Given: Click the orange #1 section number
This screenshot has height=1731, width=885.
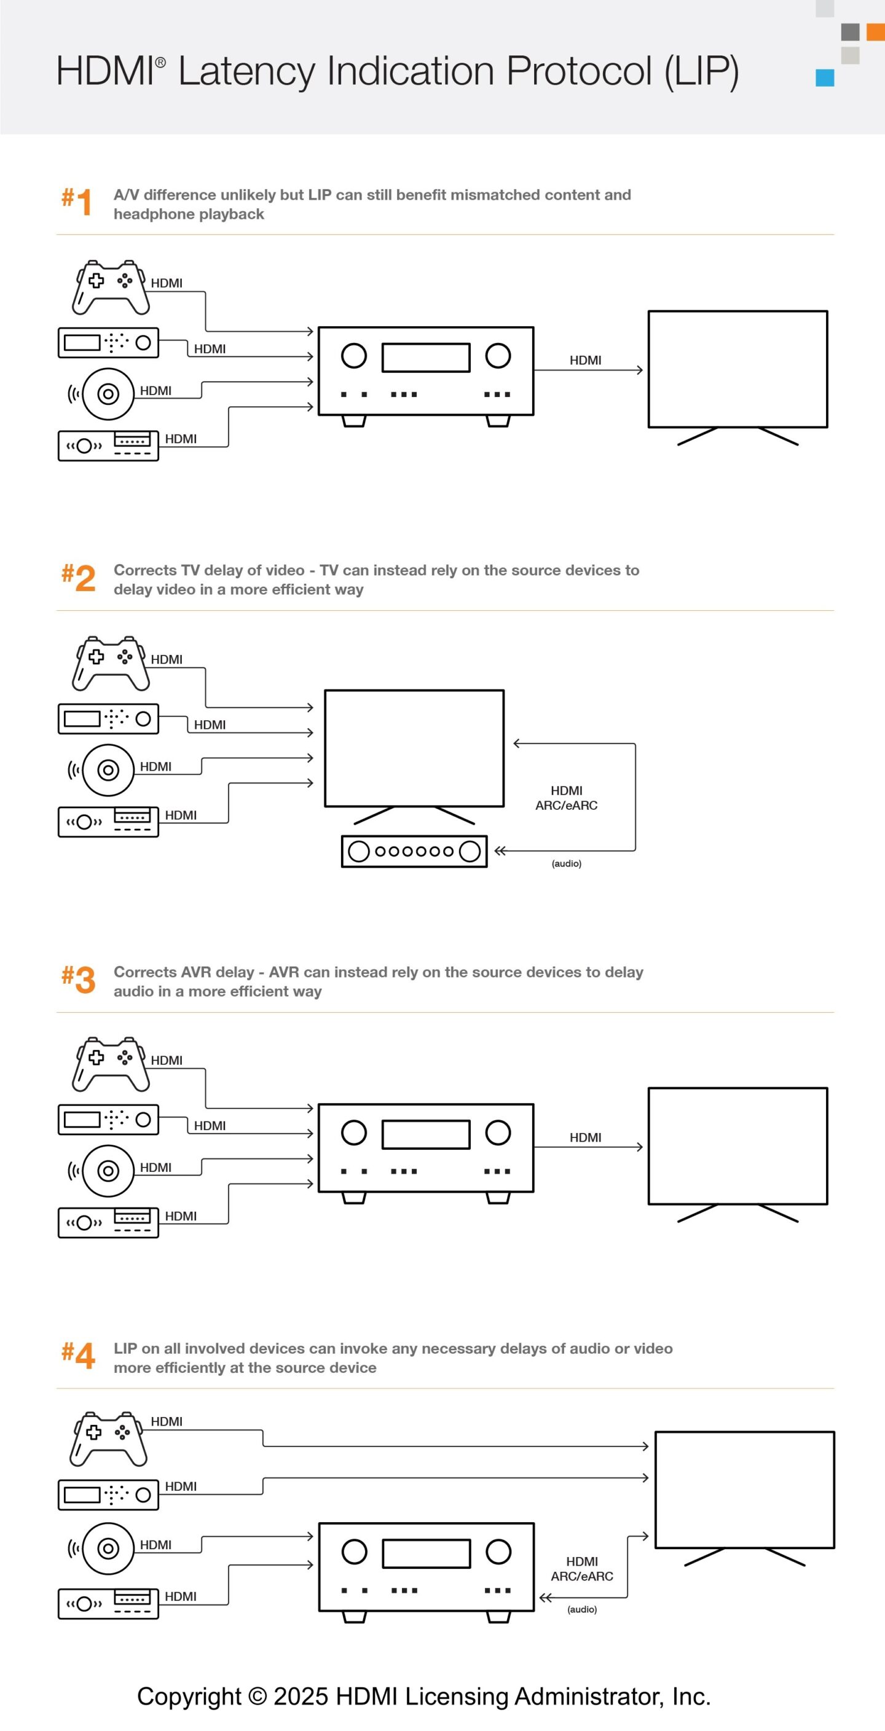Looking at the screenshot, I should [x=77, y=202].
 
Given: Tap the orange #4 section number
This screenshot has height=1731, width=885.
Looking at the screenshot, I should [x=78, y=1356].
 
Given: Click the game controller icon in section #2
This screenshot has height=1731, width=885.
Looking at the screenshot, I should [x=110, y=663].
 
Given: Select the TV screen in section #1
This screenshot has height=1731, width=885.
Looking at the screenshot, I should [x=737, y=369].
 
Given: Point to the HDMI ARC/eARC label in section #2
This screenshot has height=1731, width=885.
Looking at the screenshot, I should [x=566, y=798].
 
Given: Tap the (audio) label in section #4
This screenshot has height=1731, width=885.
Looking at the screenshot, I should [x=581, y=1609].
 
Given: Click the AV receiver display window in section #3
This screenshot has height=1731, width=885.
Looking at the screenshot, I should [x=425, y=1134].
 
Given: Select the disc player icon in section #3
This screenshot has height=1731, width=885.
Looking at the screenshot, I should [x=108, y=1171].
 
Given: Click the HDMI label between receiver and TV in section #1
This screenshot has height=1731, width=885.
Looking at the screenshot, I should [x=584, y=360].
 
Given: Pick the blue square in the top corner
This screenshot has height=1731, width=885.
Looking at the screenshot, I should [x=825, y=78].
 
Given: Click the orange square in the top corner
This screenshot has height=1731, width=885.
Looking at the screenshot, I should [x=875, y=31].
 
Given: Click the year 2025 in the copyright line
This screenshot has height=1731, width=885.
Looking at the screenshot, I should [x=301, y=1695].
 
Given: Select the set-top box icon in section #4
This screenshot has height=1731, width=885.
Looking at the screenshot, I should [x=108, y=1494].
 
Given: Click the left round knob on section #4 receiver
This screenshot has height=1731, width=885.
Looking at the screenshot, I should [x=354, y=1552].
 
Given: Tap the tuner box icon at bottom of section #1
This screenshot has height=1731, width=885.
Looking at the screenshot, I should [x=108, y=446].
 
